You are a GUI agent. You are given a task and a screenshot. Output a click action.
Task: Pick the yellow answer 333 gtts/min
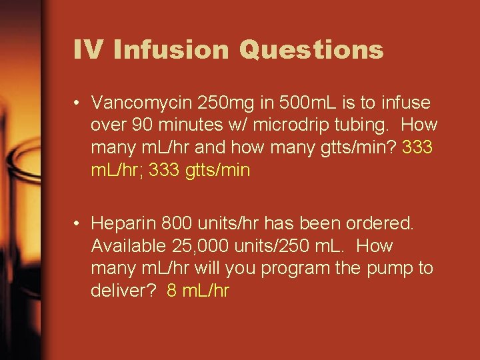pyautogui.click(x=200, y=171)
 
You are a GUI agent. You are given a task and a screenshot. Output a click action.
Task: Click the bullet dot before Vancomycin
pyautogui.click(x=78, y=103)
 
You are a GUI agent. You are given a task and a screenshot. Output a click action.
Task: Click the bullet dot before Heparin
pyautogui.click(x=78, y=223)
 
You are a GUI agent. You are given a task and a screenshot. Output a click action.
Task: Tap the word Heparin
pyautogui.click(x=121, y=223)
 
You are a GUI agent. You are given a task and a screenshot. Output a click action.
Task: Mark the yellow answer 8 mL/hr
pyautogui.click(x=198, y=291)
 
